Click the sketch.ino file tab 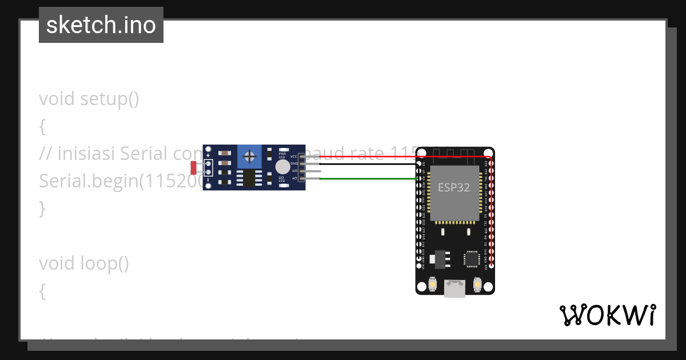(101, 25)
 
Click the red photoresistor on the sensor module (193, 167)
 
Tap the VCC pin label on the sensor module (294, 156)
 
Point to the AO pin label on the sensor (294, 178)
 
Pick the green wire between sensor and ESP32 (366, 178)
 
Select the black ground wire (366, 163)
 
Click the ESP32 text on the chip (454, 187)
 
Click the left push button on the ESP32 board (433, 284)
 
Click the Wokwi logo (607, 315)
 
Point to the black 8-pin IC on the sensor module (249, 178)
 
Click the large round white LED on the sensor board (282, 167)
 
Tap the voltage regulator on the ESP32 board (439, 258)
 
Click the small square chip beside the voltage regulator (472, 259)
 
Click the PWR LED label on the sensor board (282, 155)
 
